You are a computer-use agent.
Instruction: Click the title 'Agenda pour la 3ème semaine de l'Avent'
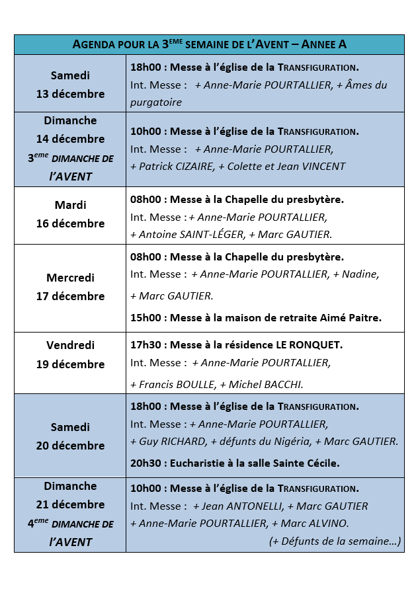click(209, 44)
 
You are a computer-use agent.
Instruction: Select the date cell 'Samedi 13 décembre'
click(70, 85)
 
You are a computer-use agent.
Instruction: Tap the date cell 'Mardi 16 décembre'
click(70, 214)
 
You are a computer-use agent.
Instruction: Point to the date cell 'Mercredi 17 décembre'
click(70, 287)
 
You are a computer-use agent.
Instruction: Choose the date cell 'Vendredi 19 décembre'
click(70, 355)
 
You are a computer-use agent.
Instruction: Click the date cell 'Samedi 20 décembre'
click(70, 436)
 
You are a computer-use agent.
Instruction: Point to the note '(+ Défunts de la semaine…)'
click(335, 541)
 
